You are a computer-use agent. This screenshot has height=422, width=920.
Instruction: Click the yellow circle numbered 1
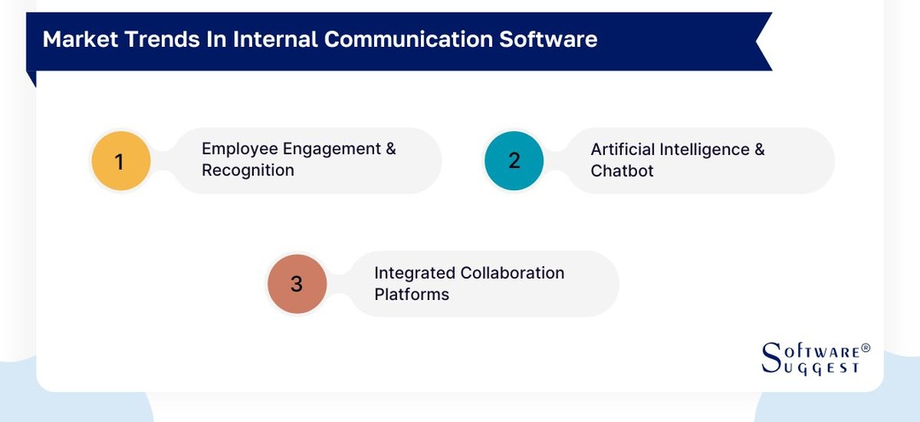point(120,160)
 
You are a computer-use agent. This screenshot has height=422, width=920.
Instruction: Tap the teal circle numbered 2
point(514,160)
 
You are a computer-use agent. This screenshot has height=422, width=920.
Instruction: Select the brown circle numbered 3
point(296,283)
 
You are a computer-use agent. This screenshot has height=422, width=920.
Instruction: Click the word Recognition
point(248,171)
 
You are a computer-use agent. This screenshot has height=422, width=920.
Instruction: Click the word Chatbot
point(622,171)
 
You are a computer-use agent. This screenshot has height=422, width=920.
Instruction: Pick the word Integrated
point(415,273)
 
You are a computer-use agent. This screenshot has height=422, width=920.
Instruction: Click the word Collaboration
point(512,273)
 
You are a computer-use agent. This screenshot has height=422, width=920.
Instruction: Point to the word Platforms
point(411,294)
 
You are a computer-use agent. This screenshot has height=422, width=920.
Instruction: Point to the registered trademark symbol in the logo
point(865,348)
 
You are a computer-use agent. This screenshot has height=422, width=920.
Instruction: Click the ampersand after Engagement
point(391,149)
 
